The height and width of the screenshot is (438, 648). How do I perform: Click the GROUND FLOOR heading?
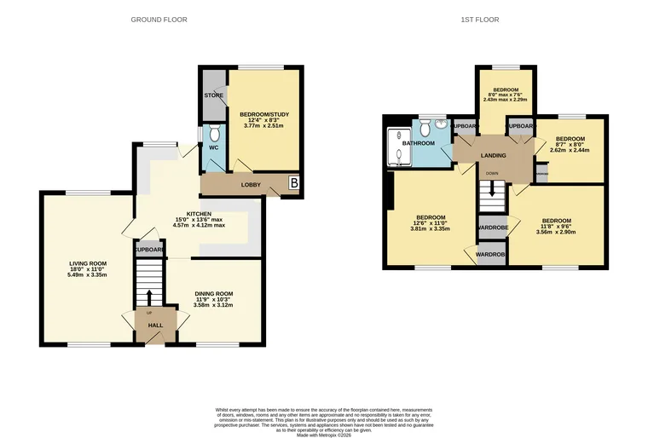(159, 20)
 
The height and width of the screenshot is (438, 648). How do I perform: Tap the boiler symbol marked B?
(294, 182)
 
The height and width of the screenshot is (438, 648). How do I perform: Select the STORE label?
(213, 95)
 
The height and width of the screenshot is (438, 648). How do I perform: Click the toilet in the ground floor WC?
(214, 134)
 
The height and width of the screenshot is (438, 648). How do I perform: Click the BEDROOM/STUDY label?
(264, 113)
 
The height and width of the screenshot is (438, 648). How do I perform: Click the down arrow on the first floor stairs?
(491, 187)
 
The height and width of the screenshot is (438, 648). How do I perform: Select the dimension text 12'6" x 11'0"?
(430, 222)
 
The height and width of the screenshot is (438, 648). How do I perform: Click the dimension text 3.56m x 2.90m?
(556, 232)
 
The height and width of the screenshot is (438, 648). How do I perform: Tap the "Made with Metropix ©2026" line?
(323, 433)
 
